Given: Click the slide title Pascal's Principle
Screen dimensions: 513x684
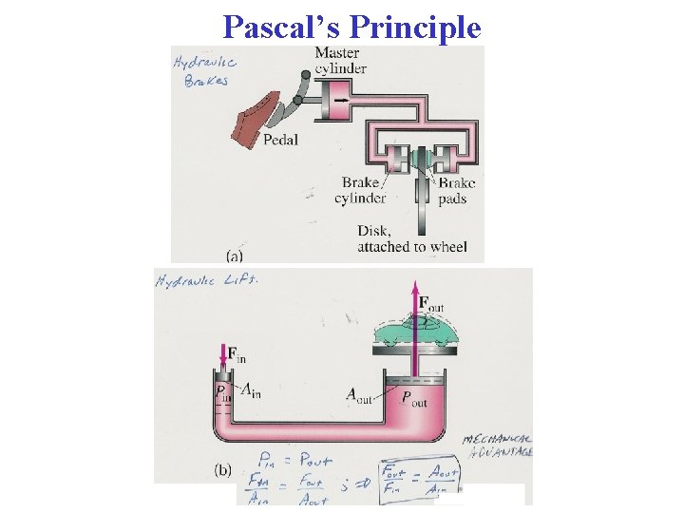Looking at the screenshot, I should click(352, 27).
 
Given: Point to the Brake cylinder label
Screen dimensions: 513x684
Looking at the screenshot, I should click(360, 191).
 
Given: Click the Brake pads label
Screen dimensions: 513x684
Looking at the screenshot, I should click(456, 191).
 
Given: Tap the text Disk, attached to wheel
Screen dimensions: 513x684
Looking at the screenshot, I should click(411, 238).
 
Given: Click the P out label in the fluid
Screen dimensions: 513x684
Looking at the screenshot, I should click(414, 398).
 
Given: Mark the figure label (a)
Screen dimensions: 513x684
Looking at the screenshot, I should click(234, 255).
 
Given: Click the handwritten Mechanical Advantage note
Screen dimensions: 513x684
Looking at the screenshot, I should click(498, 445).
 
